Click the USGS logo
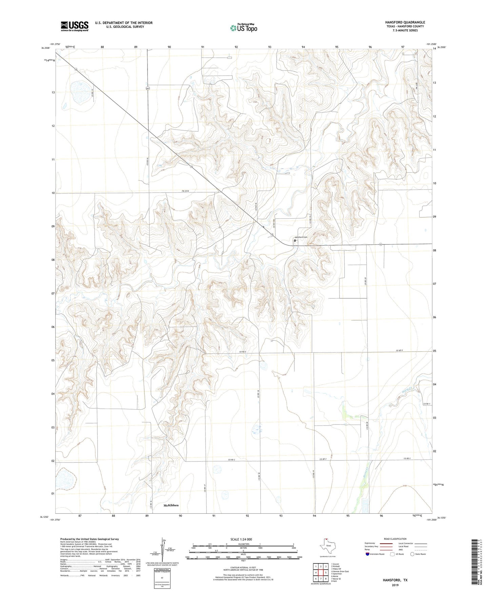74,26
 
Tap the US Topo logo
243,28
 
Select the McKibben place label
171,505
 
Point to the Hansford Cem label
300,237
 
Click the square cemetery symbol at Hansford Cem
295,240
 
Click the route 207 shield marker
148,88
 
